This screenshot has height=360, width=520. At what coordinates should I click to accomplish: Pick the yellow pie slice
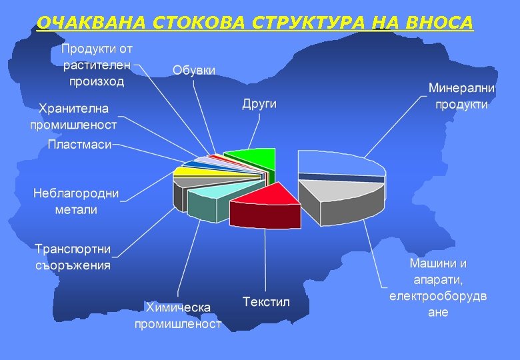190,171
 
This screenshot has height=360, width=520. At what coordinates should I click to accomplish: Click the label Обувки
194,70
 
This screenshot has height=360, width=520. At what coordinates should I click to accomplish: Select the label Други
259,105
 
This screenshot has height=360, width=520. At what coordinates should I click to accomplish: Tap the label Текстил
267,302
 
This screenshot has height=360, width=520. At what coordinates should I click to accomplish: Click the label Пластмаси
79,145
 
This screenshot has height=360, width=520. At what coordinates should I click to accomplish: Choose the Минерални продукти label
461,96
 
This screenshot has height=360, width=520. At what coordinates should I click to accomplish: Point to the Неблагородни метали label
76,201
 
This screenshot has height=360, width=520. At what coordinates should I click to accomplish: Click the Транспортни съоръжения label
73,257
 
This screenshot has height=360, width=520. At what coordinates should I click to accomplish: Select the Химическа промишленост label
178,315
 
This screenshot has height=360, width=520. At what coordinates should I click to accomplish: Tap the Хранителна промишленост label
73,116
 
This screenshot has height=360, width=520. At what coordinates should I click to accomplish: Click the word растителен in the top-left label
97,65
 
